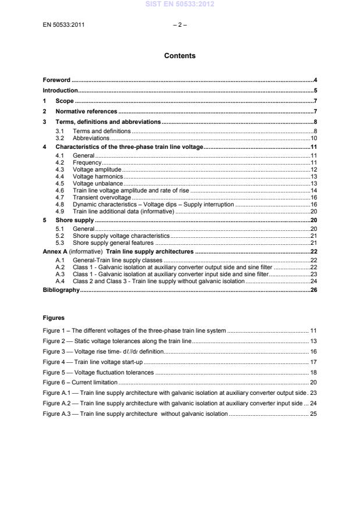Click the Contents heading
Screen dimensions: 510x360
pos(180,56)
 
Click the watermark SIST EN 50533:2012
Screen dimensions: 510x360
pos(180,5)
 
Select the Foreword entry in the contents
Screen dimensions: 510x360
pos(56,80)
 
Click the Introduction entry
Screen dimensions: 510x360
pos(60,91)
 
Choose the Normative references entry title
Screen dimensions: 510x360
pos(87,110)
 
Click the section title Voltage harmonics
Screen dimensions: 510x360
pos(98,176)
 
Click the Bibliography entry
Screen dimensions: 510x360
pos(61,290)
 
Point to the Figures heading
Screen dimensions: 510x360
pos(54,318)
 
